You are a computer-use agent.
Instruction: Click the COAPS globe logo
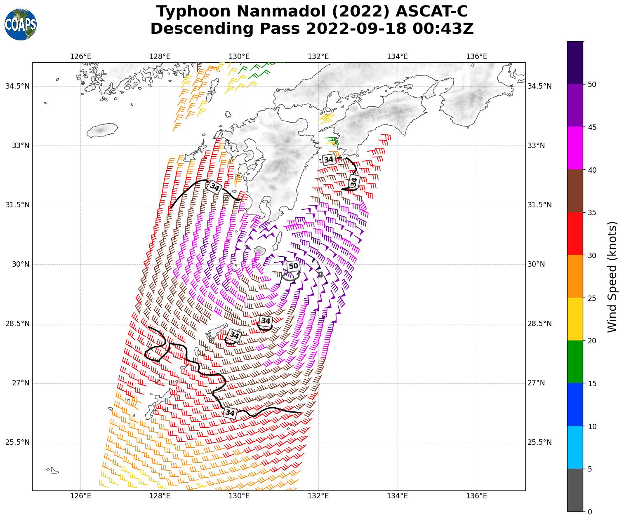21,25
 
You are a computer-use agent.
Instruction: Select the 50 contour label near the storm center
293,266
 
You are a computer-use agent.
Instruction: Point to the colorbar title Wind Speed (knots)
612,277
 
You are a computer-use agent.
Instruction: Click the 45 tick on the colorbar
592,127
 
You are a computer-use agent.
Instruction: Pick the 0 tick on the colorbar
590,512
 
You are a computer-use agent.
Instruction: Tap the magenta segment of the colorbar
575,148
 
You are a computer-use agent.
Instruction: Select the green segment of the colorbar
575,361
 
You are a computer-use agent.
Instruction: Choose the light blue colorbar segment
575,447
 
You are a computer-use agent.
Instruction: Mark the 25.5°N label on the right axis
539,442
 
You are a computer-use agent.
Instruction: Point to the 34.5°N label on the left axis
17,86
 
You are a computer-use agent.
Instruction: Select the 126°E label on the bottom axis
80,496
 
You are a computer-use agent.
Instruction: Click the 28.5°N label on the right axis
539,324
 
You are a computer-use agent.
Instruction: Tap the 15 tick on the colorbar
592,383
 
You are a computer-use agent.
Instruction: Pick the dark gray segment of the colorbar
575,490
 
